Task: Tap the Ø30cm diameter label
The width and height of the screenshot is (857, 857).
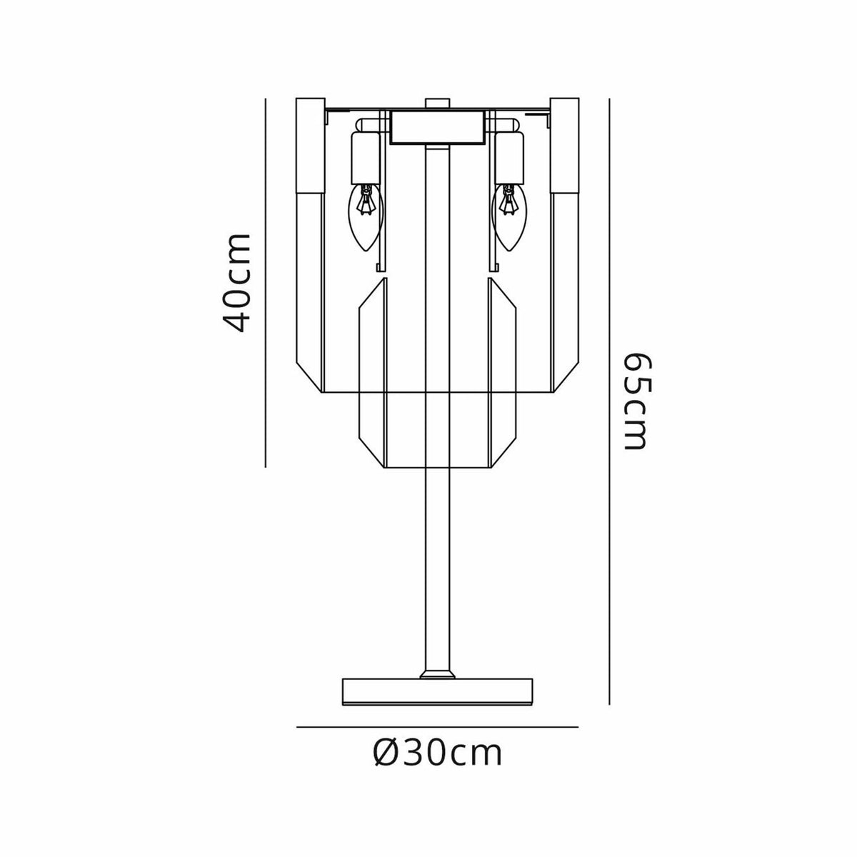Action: (437, 752)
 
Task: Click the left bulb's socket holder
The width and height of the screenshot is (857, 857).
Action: (366, 157)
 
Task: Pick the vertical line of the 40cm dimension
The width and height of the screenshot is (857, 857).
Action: (265, 282)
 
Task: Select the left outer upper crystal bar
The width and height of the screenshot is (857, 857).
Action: (310, 150)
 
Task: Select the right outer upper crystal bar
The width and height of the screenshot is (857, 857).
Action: (563, 150)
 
